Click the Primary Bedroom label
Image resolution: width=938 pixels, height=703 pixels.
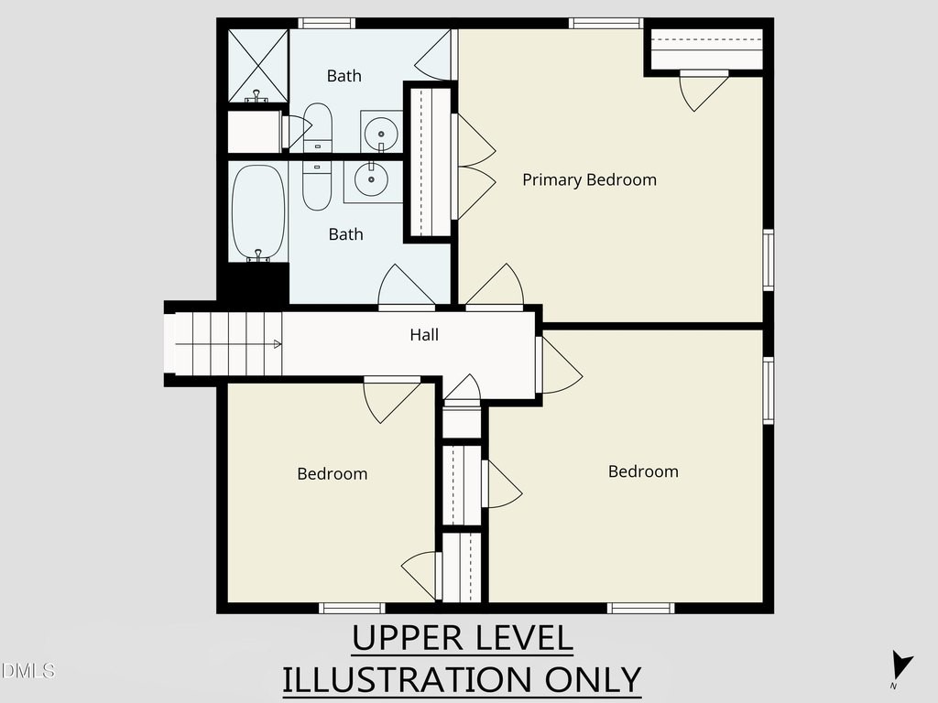tap(589, 180)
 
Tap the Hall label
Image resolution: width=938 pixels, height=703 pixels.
tap(424, 335)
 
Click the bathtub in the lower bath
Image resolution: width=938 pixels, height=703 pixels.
tap(258, 212)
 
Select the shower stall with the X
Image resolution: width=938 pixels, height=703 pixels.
tap(258, 66)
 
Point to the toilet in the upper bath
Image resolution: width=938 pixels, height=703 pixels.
tap(317, 127)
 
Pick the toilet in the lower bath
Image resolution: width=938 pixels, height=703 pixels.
tap(317, 185)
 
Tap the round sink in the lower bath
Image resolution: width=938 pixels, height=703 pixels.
tap(371, 178)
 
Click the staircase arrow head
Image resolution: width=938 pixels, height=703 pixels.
tap(278, 344)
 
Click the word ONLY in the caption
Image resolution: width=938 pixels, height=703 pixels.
tap(593, 680)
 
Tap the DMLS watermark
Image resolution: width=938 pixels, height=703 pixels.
tap(27, 670)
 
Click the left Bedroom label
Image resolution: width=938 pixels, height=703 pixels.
tap(333, 474)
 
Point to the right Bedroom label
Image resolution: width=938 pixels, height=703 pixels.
tap(644, 471)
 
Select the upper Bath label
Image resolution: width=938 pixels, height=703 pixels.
tap(344, 76)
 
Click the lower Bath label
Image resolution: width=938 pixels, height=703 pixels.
tap(345, 234)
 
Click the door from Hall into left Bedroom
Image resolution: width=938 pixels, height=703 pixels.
tap(392, 399)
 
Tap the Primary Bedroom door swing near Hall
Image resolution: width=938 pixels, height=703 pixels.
tap(495, 286)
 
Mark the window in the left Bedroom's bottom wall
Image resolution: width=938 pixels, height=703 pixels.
tap(352, 608)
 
